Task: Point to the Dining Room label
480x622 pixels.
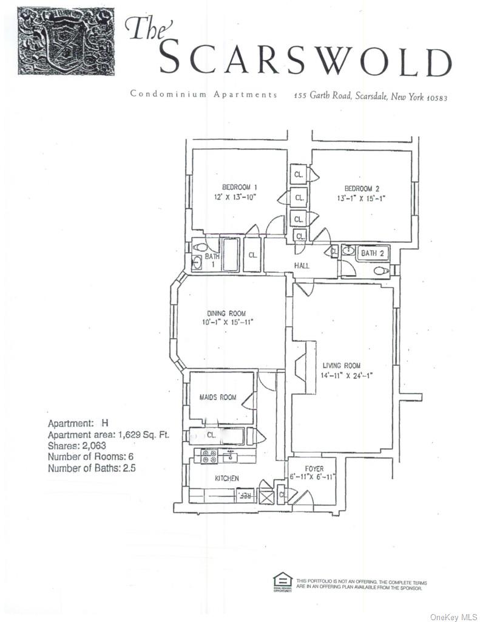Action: pos(229,313)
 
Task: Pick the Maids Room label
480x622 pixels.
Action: pos(218,397)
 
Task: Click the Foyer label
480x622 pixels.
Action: pos(314,469)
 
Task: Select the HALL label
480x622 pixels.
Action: pos(302,265)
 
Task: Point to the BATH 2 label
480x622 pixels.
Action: pos(373,253)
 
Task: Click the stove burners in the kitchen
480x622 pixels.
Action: pos(209,456)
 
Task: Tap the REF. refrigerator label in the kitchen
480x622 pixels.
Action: pos(246,496)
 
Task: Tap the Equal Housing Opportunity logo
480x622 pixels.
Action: pos(282,581)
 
